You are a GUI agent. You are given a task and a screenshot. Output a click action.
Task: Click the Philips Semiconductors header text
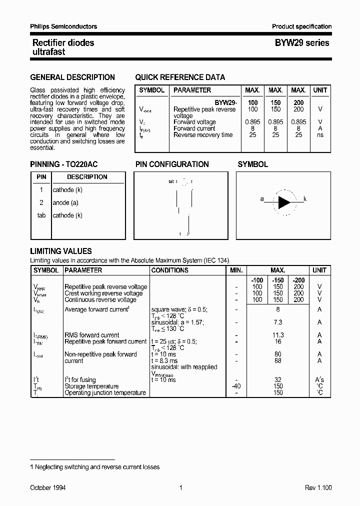click(x=63, y=26)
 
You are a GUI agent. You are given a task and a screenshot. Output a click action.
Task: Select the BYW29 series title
click(x=302, y=43)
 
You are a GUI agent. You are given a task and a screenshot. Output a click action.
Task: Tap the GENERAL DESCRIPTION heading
click(x=72, y=77)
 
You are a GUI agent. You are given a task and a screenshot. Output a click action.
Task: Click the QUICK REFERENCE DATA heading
click(x=180, y=77)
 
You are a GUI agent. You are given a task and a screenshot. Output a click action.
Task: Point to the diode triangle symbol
click(x=283, y=202)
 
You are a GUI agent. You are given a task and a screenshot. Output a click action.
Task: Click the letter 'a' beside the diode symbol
click(x=262, y=199)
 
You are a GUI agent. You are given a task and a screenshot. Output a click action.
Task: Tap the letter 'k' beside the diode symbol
click(x=305, y=199)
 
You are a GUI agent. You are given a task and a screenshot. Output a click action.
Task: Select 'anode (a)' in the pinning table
click(x=65, y=203)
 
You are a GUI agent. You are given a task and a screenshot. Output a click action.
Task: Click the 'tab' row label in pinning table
click(x=41, y=215)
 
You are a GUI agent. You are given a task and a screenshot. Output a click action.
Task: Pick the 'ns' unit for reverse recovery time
click(x=320, y=135)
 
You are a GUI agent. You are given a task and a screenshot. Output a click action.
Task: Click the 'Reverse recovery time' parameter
click(x=203, y=135)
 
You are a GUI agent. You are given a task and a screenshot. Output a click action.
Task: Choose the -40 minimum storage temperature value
click(x=236, y=386)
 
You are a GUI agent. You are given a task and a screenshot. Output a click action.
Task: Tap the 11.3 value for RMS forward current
click(x=278, y=335)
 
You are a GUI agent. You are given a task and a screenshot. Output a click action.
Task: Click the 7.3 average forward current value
click(x=278, y=322)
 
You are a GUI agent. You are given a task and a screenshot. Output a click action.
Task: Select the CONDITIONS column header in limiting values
click(x=169, y=270)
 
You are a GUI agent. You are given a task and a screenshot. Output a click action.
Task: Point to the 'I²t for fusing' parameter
click(x=80, y=380)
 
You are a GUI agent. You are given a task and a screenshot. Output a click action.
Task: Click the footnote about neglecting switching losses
click(x=95, y=467)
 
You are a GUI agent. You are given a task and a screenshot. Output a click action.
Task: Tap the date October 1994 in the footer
click(x=48, y=487)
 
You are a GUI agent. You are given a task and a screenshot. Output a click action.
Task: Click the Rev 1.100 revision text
click(x=318, y=487)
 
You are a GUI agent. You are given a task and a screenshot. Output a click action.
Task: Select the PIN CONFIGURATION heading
click(x=172, y=164)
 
